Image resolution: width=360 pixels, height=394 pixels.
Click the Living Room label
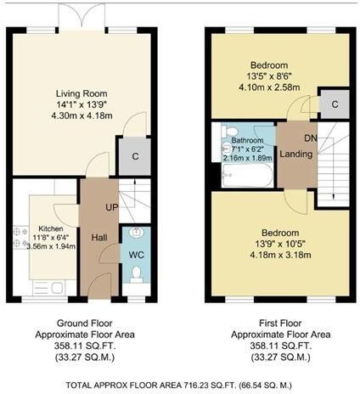pyautogui.click(x=82, y=93)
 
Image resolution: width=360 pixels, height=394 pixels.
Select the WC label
pyautogui.click(x=135, y=254)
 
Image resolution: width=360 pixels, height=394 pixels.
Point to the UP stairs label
pyautogui.click(x=110, y=207)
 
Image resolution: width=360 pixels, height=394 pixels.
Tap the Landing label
pyautogui.click(x=295, y=153)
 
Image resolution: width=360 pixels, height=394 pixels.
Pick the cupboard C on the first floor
pyautogui.click(x=334, y=104)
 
